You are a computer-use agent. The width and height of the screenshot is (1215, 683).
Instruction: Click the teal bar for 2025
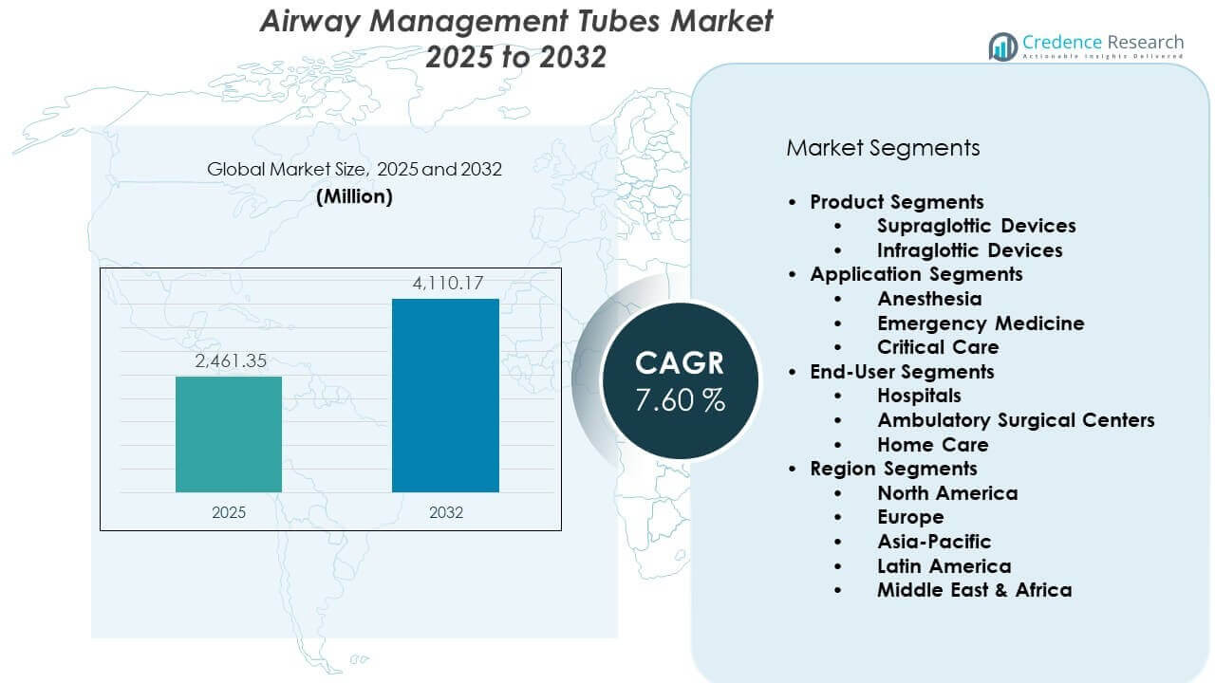[x=229, y=434]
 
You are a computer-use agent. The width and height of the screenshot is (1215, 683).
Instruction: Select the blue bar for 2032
[x=445, y=396]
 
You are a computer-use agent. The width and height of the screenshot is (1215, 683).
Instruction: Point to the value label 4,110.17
[x=446, y=283]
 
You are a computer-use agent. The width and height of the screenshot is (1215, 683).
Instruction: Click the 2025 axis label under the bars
[x=229, y=512]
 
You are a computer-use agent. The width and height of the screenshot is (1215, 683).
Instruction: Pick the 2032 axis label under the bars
[x=446, y=512]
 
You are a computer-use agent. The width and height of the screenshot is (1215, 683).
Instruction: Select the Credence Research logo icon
[x=1002, y=46]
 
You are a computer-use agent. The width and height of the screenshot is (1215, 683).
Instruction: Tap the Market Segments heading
[x=883, y=148]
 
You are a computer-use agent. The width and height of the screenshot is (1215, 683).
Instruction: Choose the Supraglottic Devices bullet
[x=976, y=226]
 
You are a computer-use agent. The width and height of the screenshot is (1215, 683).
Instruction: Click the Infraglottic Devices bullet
[x=969, y=250]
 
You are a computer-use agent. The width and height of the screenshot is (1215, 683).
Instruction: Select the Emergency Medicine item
[x=981, y=323]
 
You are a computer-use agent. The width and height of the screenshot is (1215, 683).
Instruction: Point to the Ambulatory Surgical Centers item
[x=1016, y=420]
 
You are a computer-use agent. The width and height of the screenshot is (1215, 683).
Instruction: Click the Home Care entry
[x=932, y=445]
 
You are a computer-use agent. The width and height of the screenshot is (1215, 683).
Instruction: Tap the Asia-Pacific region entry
[x=934, y=542]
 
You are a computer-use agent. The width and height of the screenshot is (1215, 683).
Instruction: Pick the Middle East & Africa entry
[x=974, y=590]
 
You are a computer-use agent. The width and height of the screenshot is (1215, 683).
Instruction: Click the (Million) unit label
[x=354, y=196]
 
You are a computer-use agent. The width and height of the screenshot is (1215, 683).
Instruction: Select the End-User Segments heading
[x=902, y=372]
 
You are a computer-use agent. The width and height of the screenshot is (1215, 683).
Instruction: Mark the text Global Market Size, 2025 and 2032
[x=354, y=170]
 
